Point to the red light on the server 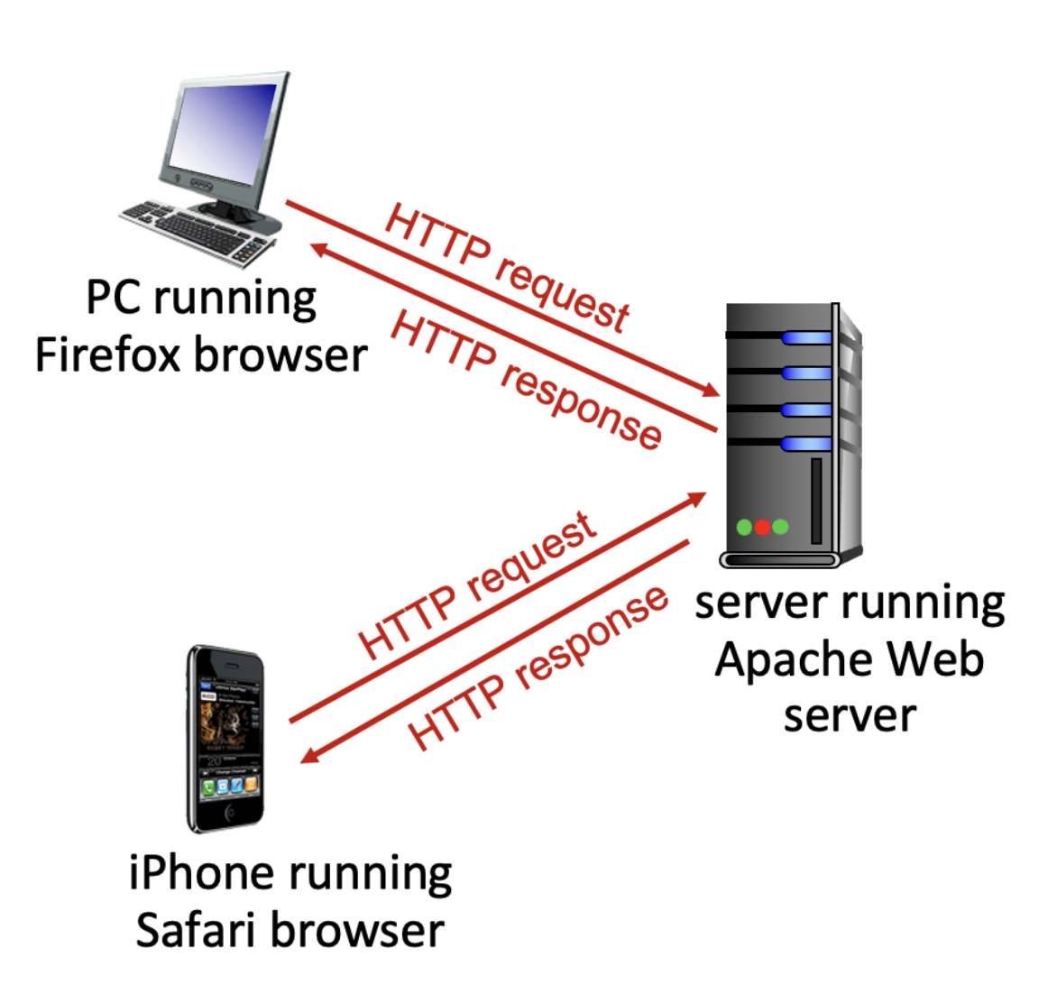[x=762, y=527]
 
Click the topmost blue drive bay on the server [x=805, y=338]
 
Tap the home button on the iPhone [x=230, y=814]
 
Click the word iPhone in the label [x=200, y=873]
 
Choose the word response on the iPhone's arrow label [x=592, y=637]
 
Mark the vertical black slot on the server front [x=815, y=501]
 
